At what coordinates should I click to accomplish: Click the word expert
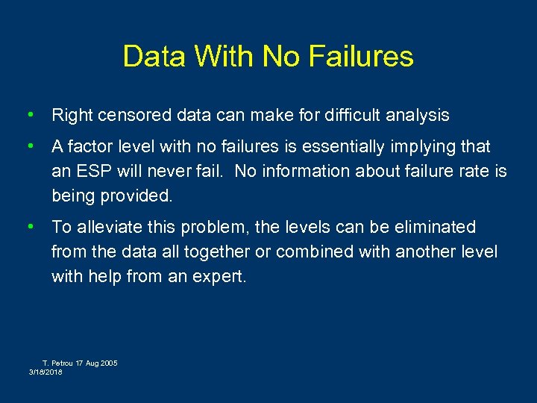pyautogui.click(x=222, y=277)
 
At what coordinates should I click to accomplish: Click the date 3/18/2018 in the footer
pyautogui.click(x=46, y=372)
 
